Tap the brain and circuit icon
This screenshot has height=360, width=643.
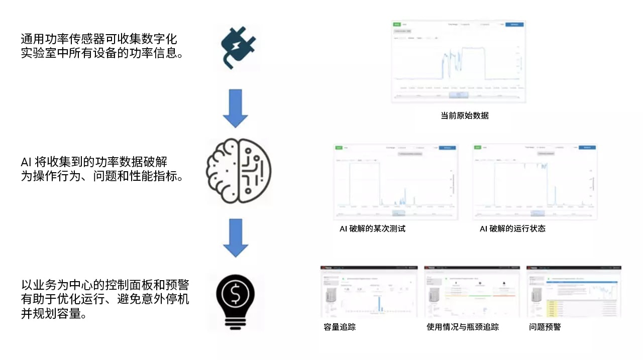[x=238, y=171]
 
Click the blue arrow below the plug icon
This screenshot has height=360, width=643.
[x=235, y=108]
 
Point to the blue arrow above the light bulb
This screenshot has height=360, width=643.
[x=235, y=237]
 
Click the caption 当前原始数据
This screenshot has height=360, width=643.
[x=464, y=115]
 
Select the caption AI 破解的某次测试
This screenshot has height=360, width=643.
[x=372, y=228]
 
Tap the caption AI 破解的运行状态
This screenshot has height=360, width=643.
[x=512, y=228]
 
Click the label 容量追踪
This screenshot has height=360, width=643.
[x=340, y=327]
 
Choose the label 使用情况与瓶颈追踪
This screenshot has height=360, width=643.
[x=462, y=327]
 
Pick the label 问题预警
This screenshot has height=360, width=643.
[x=545, y=327]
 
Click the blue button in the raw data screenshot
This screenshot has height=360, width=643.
[x=514, y=24]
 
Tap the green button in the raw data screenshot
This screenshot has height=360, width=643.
[x=397, y=24]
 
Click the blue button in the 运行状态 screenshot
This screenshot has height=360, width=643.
[x=587, y=148]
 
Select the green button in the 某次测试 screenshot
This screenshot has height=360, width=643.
[x=339, y=148]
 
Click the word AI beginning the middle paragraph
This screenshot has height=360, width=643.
[x=26, y=162]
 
